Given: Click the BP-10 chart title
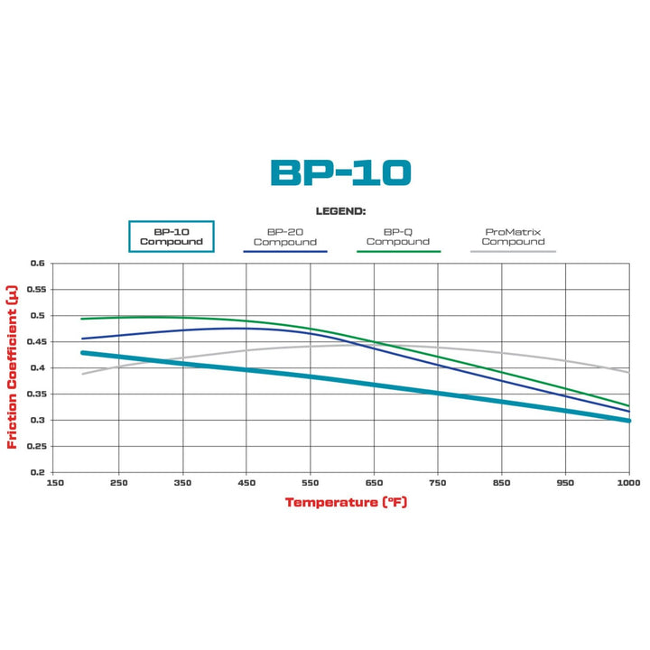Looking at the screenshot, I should pyautogui.click(x=340, y=172).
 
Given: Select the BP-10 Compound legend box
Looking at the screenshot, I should pyautogui.click(x=172, y=236).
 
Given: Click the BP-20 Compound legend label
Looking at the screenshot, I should pyautogui.click(x=284, y=236).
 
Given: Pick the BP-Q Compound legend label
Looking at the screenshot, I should pyautogui.click(x=398, y=236).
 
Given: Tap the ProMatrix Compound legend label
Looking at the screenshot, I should pyautogui.click(x=513, y=236).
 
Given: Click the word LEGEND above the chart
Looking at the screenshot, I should pyautogui.click(x=340, y=210).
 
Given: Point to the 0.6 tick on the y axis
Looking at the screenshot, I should pyautogui.click(x=36, y=264).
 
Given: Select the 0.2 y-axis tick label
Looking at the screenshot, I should pyautogui.click(x=36, y=472).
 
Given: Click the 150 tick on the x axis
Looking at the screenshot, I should pyautogui.click(x=55, y=484).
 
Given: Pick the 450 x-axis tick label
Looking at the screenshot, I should pyautogui.click(x=246, y=484).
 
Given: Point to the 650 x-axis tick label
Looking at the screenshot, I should pyautogui.click(x=374, y=484).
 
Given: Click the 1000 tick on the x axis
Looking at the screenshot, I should pyautogui.click(x=628, y=484).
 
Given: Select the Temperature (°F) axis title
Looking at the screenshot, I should pyautogui.click(x=347, y=502).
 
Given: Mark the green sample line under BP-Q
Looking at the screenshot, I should pyautogui.click(x=398, y=251).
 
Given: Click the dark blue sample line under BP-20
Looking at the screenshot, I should pyautogui.click(x=284, y=251).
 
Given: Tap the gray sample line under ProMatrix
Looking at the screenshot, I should pyautogui.click(x=513, y=251).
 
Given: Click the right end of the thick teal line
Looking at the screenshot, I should pyautogui.click(x=627, y=420).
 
